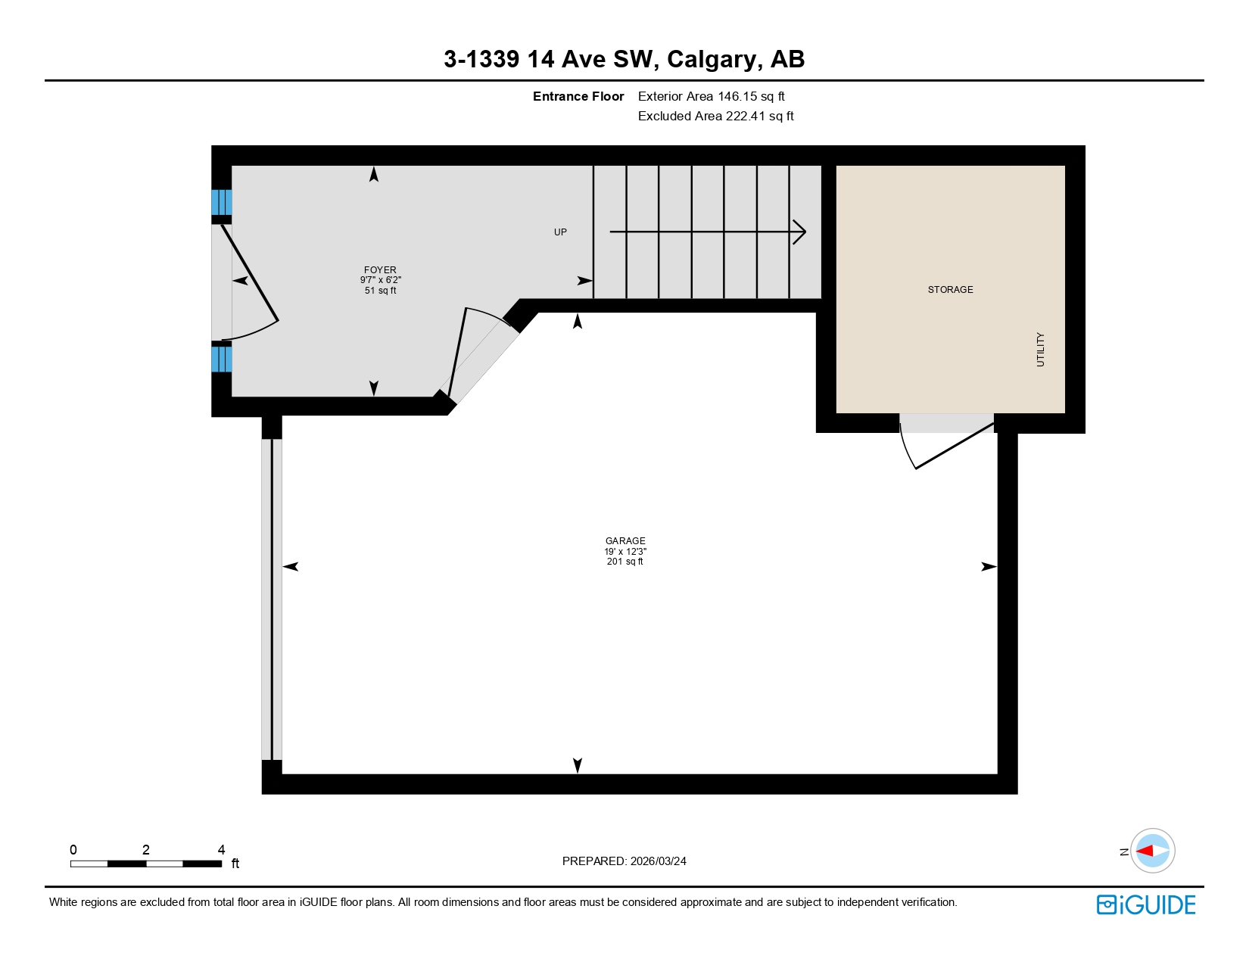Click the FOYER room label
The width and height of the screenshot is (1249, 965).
click(x=380, y=269)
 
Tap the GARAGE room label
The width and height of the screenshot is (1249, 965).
click(x=625, y=540)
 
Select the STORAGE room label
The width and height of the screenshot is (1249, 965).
click(x=950, y=290)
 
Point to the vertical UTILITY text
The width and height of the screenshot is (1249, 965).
click(x=1040, y=350)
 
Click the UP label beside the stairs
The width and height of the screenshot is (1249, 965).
click(x=560, y=232)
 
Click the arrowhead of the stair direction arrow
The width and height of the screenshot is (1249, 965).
click(x=801, y=232)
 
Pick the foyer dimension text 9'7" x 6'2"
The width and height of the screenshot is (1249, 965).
click(x=380, y=280)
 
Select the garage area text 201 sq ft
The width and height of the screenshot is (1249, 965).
click(x=625, y=562)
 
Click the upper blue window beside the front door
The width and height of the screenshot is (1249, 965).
click(x=221, y=203)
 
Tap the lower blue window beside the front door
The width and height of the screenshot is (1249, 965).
click(x=221, y=360)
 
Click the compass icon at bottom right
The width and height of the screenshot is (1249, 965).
click(x=1153, y=851)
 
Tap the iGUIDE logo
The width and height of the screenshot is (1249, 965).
click(x=1146, y=905)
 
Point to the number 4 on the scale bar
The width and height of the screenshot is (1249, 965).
click(x=221, y=850)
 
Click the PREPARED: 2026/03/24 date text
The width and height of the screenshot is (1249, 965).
click(x=624, y=861)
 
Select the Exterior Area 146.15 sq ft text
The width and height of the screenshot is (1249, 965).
click(x=711, y=96)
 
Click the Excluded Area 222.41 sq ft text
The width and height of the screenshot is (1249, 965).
click(x=715, y=116)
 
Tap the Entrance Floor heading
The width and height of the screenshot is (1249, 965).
click(x=578, y=96)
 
